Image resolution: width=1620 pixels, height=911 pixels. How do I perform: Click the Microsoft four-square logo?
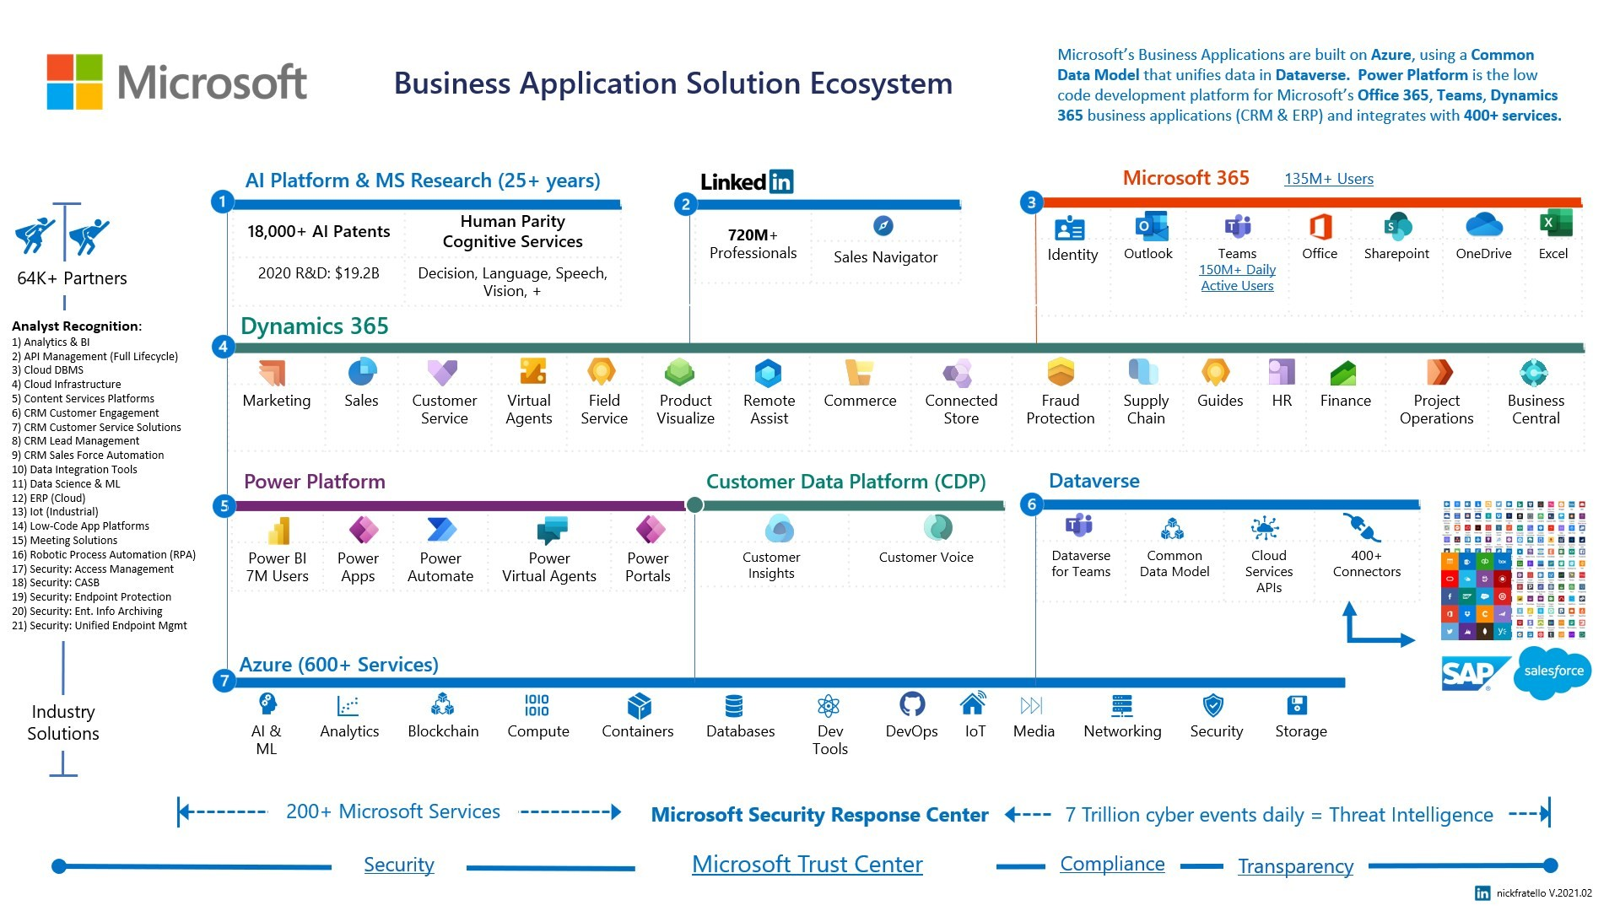click(75, 82)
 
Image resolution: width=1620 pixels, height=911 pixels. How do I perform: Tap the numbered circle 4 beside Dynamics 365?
click(223, 347)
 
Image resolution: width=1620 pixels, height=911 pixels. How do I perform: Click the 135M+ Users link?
click(1328, 179)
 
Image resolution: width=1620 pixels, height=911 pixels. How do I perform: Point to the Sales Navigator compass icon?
click(883, 226)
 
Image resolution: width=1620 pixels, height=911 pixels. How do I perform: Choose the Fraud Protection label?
click(1060, 409)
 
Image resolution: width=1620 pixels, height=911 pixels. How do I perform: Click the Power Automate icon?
click(441, 530)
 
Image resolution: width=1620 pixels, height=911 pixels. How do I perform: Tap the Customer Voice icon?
click(937, 528)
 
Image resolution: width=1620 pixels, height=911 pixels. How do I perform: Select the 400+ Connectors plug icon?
click(1360, 528)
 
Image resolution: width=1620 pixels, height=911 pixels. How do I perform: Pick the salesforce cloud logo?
click(1552, 671)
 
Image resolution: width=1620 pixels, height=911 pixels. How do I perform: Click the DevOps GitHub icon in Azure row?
click(912, 703)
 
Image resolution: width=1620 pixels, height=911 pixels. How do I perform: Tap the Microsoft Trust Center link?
click(807, 865)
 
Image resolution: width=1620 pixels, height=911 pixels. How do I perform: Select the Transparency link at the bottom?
click(1295, 866)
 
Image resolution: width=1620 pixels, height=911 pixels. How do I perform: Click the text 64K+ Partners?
click(73, 278)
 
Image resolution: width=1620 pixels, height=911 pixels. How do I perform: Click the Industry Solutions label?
click(63, 723)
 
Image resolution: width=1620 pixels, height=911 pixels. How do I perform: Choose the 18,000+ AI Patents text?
click(318, 232)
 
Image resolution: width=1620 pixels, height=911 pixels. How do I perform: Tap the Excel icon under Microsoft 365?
click(1554, 224)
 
